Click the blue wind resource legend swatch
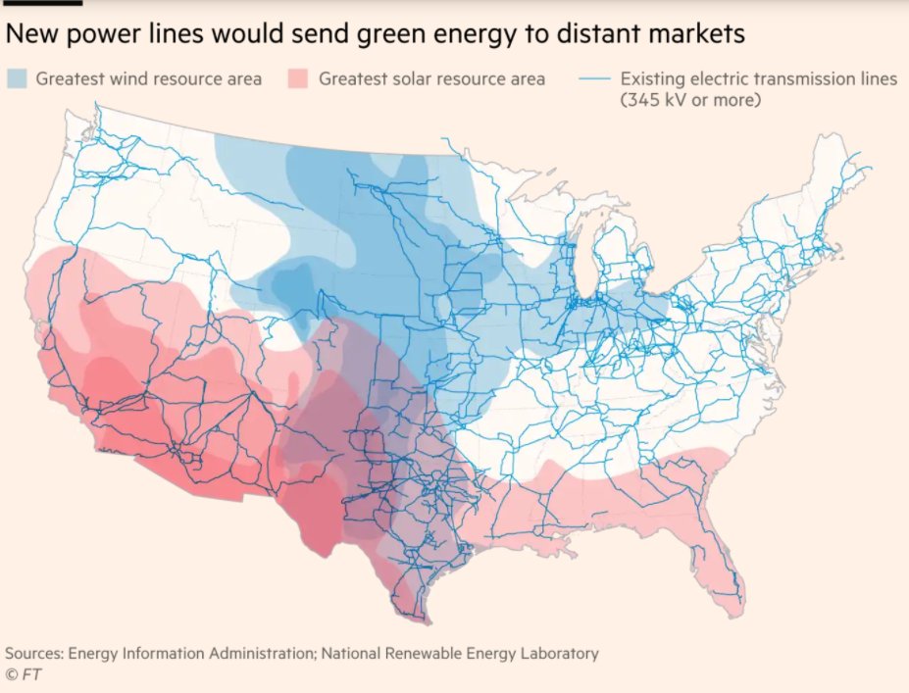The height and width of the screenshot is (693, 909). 19,78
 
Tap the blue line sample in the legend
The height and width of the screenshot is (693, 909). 594,78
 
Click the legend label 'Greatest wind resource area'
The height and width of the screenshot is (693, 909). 149,78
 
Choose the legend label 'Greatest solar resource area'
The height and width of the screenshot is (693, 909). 432,78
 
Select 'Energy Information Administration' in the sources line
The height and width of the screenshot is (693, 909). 197,653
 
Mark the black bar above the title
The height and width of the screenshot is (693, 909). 41,3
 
